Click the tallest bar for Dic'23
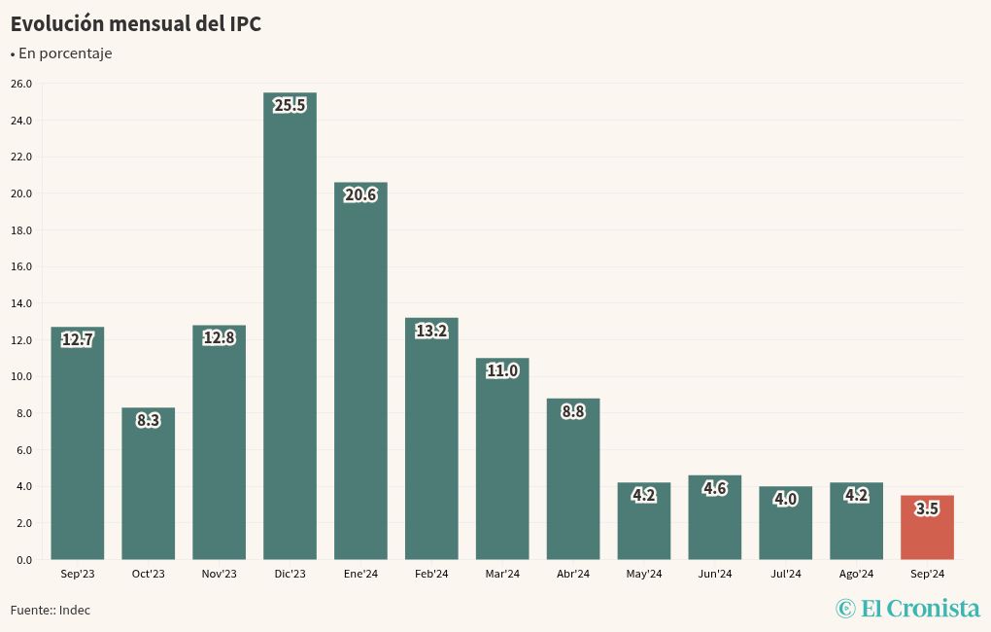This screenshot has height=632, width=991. [x=290, y=331]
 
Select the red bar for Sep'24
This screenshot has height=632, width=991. [x=927, y=530]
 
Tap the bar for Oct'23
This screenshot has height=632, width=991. [x=148, y=486]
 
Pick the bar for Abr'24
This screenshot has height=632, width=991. [x=573, y=481]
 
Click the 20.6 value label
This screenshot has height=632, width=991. [x=360, y=195]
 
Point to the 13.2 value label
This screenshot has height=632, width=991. [x=431, y=331]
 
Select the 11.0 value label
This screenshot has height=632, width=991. [x=502, y=370]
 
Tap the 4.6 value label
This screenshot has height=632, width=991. [x=715, y=488]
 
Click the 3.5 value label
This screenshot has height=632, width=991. [x=927, y=509]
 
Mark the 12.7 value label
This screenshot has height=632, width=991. [x=77, y=340]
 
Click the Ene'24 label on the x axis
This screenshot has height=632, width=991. [x=360, y=574]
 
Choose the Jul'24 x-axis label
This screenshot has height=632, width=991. [x=785, y=574]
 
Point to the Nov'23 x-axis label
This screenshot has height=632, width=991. [x=219, y=574]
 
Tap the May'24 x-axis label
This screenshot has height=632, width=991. [x=643, y=574]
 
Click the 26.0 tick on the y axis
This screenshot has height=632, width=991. [x=21, y=84]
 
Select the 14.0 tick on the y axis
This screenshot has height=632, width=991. [x=21, y=303]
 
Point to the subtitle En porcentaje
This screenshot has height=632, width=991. [x=64, y=53]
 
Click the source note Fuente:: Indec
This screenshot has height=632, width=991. [x=51, y=610]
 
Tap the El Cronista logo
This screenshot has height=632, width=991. [x=907, y=609]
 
